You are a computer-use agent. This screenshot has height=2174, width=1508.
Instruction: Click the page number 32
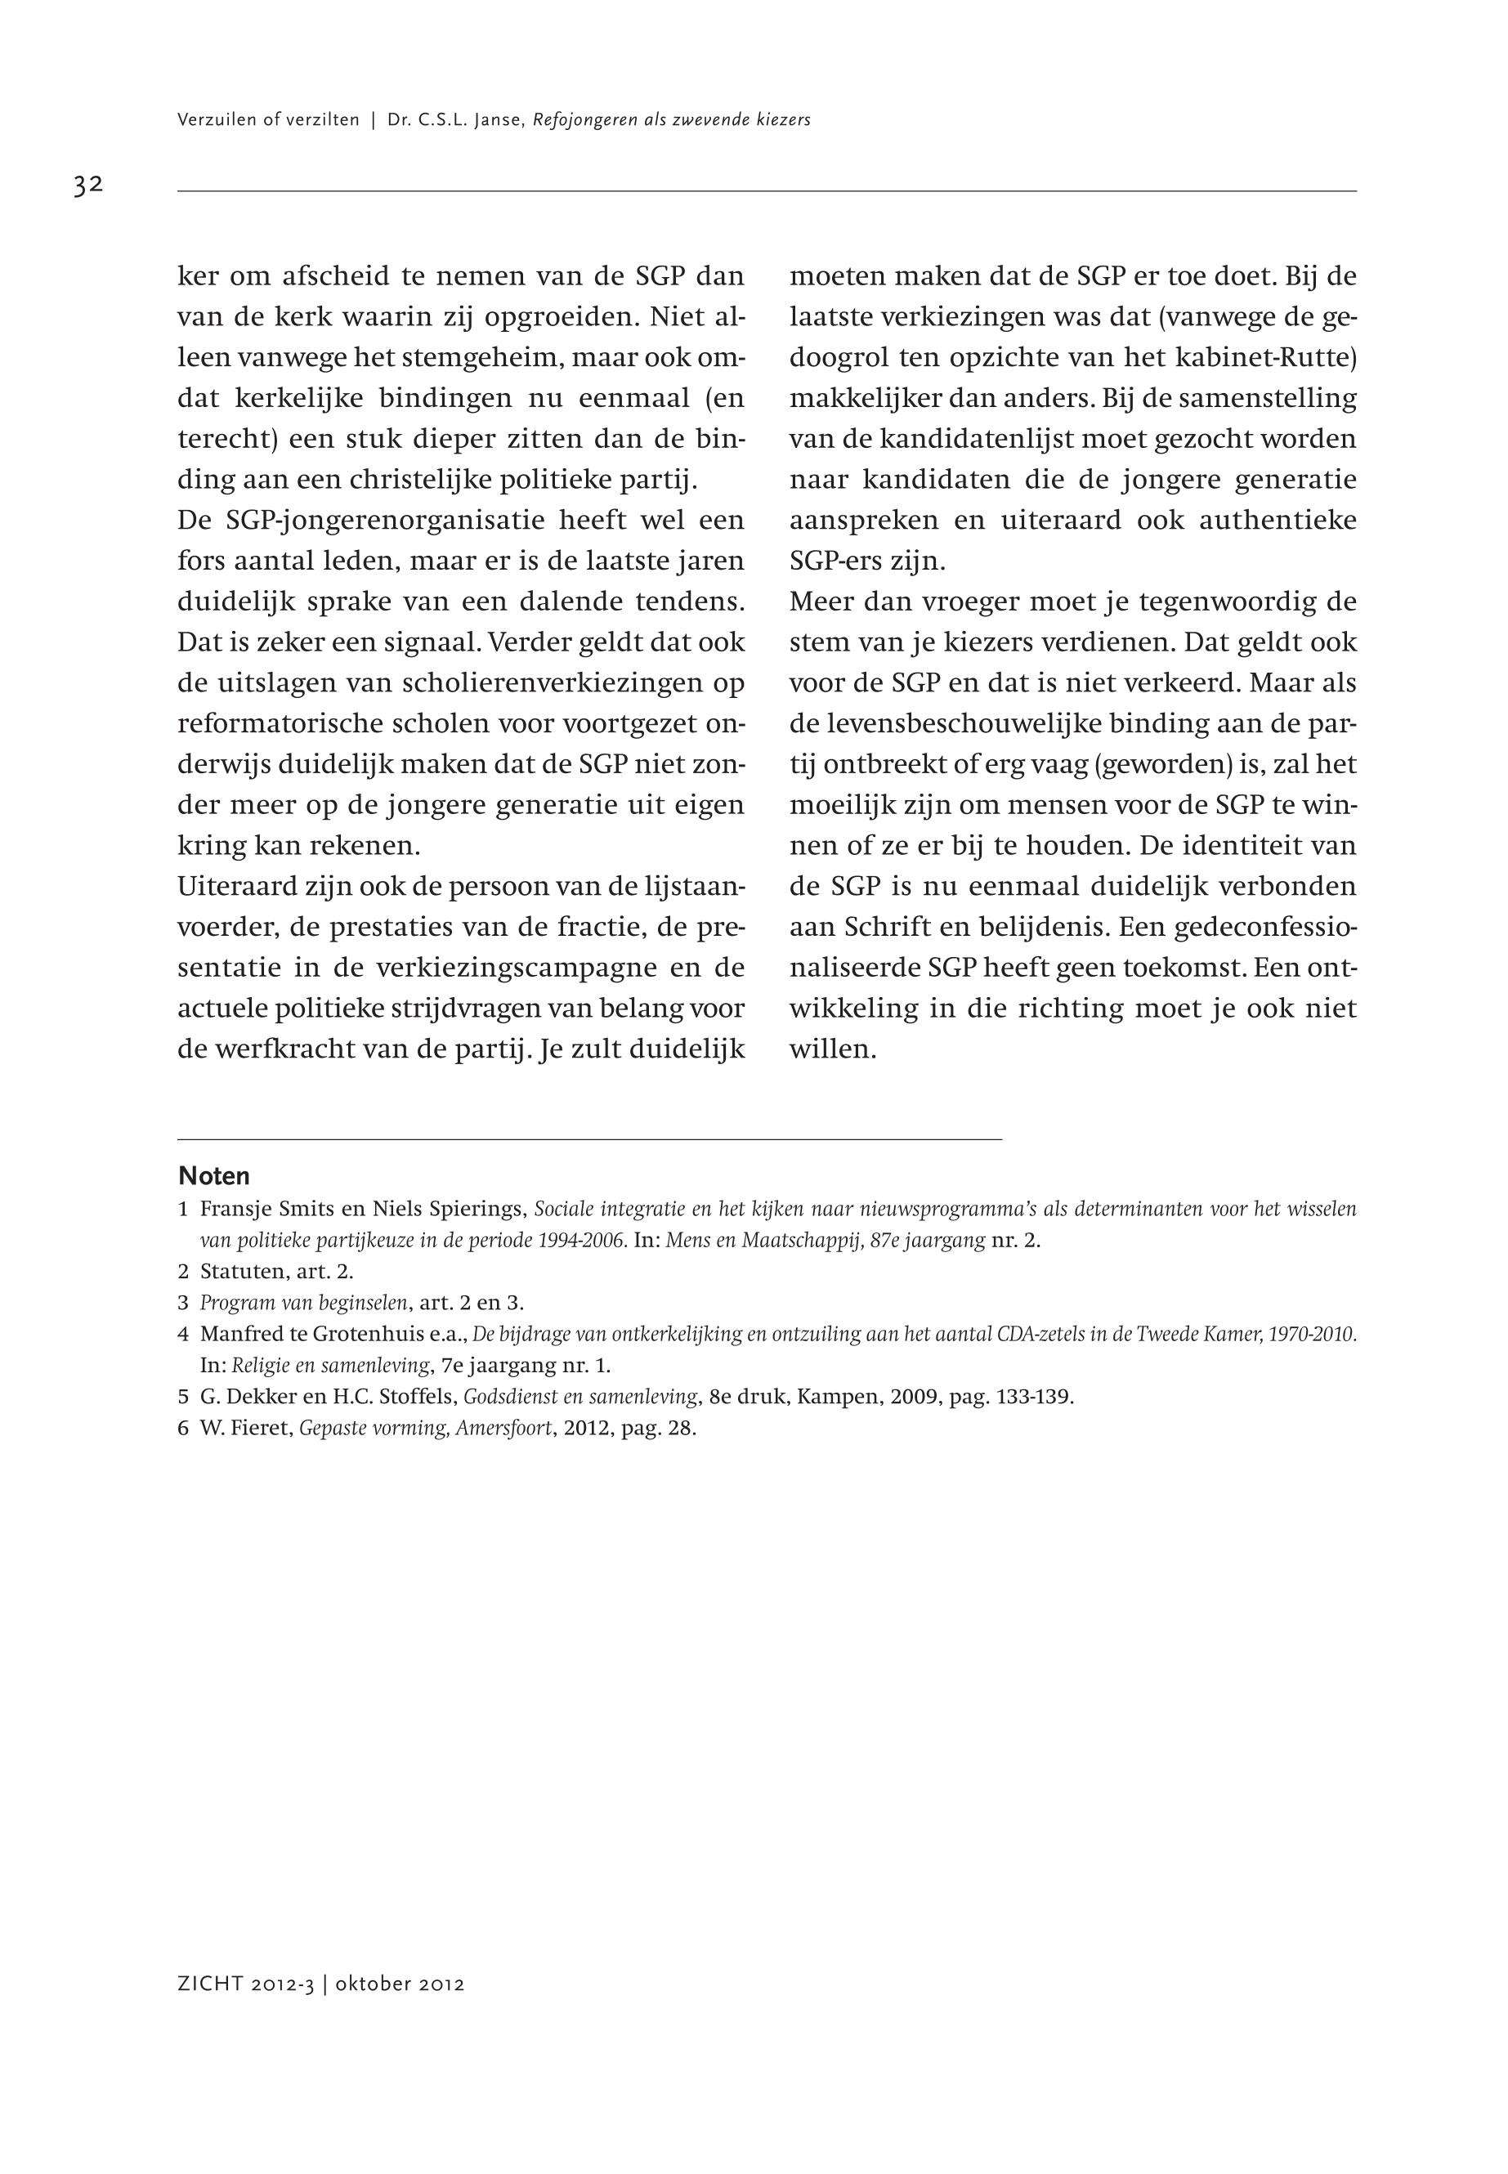click(88, 186)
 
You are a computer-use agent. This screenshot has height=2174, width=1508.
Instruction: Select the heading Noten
click(214, 1176)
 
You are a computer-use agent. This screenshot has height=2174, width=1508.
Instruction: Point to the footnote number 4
click(183, 1334)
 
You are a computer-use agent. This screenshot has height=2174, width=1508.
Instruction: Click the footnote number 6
click(183, 1428)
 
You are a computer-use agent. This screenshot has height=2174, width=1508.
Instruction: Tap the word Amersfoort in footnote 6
click(503, 1428)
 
